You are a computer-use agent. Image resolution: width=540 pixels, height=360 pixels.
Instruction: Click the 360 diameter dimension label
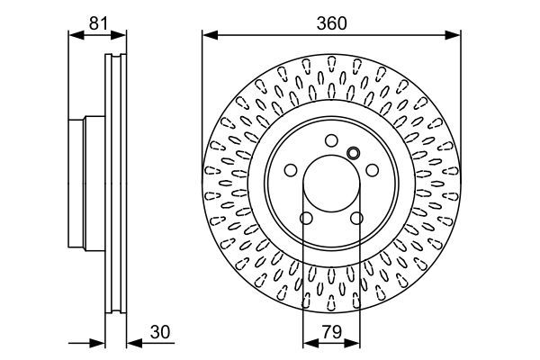click(330, 25)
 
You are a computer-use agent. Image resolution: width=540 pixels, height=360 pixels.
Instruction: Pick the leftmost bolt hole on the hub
click(290, 169)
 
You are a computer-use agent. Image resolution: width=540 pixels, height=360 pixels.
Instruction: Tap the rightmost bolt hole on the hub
click(373, 169)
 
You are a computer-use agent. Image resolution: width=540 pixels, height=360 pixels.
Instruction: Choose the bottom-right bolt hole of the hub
click(356, 218)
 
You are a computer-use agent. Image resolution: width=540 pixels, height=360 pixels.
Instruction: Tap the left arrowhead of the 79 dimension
click(309, 342)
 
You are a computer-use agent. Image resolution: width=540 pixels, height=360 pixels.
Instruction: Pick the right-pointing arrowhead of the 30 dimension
click(100, 342)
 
